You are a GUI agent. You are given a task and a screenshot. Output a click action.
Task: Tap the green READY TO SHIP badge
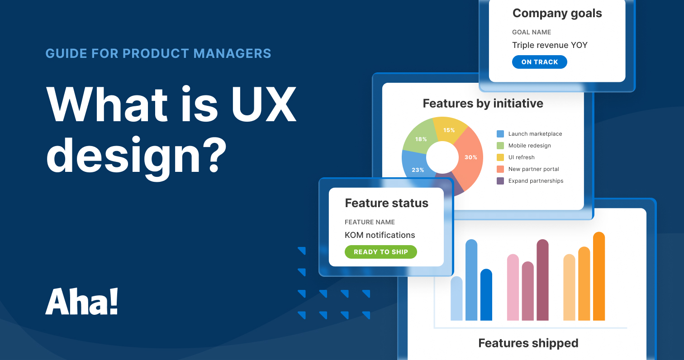(380, 252)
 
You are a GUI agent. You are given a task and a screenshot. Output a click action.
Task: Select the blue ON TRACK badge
(539, 62)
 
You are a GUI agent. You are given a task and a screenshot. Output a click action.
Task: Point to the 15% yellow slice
(448, 130)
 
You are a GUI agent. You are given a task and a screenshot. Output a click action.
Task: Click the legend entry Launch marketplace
(535, 134)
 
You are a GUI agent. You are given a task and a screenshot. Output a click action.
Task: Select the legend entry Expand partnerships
(536, 181)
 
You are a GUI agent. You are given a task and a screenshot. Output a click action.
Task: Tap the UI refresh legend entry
(521, 157)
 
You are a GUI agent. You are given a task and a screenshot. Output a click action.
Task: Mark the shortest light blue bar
(456, 298)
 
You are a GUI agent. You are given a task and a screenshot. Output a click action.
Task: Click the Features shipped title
(528, 343)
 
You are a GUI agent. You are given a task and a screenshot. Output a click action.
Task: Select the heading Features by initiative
(483, 104)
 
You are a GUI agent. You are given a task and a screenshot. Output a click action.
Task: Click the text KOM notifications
(380, 235)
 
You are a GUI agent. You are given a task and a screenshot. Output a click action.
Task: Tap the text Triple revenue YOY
(550, 45)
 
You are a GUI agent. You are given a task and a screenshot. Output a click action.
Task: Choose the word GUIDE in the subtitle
(66, 53)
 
